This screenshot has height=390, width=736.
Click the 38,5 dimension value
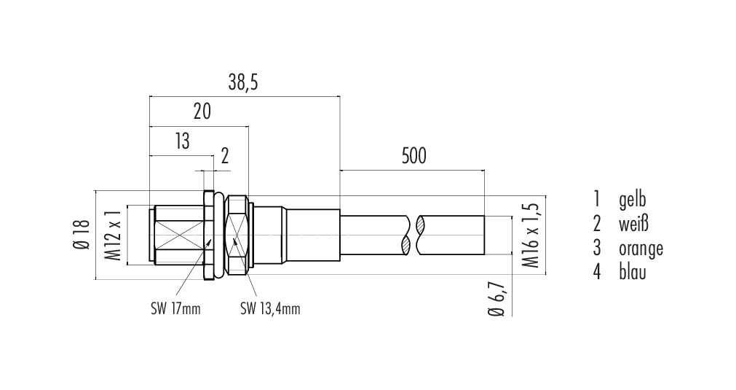pos(243,82)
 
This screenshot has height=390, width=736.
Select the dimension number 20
pos(202,112)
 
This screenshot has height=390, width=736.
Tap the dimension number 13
pos(182,141)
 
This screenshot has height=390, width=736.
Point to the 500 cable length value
pos(414,156)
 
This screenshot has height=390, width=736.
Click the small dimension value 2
pos(225,156)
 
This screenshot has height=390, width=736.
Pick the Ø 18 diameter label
pos(82,235)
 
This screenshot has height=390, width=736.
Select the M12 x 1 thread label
pos(113,235)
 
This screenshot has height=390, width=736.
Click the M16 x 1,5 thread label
pos(531,235)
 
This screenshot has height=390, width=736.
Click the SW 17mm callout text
pos(175,309)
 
